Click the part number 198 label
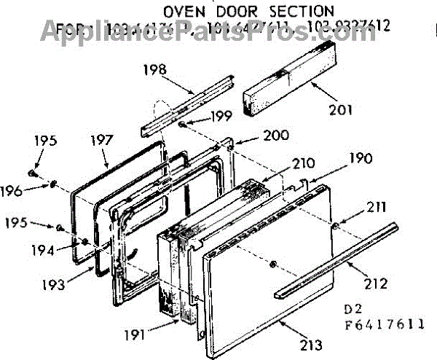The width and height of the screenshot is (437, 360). coord(154,70)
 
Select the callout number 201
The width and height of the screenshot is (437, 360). coord(340,111)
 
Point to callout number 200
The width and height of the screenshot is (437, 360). coord(255,135)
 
